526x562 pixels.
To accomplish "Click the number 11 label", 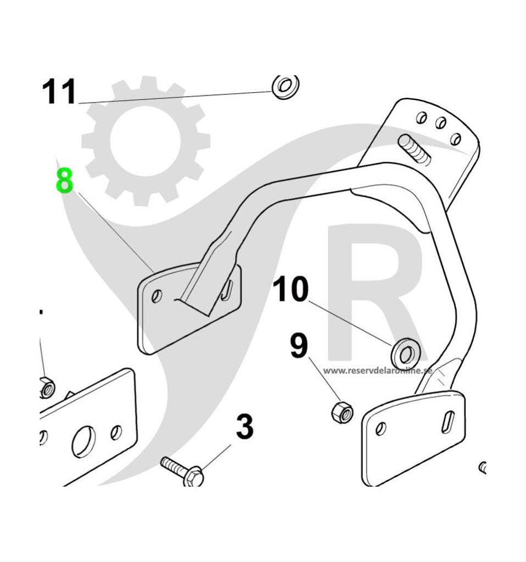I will point(59,92).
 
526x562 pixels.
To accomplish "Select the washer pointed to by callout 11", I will point(286,86).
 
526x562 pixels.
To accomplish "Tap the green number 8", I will point(64,182).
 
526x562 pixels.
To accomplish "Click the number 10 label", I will point(290,289).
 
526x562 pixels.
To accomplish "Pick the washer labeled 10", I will point(406,353).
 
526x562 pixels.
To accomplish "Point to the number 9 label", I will point(299,347).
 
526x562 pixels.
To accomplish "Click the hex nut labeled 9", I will point(343,412).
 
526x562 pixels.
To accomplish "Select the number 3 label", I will point(245,428).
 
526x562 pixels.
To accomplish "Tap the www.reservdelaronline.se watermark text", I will point(377,370).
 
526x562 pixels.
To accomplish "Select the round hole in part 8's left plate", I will point(156,296).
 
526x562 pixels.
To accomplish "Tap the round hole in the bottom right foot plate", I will point(380,429).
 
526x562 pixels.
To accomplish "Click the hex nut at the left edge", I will point(47,387).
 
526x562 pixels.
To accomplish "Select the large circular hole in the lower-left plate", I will point(83,440).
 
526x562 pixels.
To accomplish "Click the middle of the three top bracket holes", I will point(440,123).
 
